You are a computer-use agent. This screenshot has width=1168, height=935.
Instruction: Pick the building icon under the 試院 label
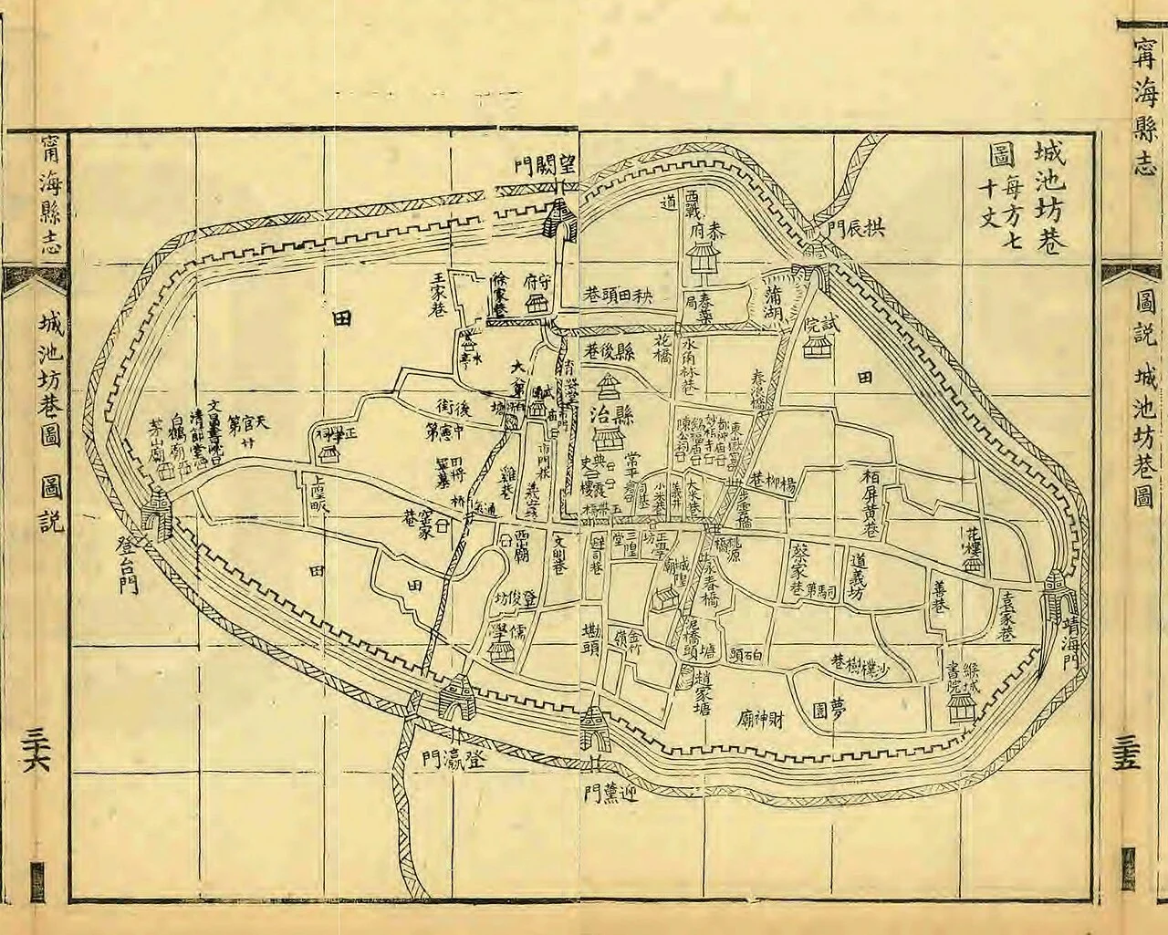pyautogui.click(x=817, y=345)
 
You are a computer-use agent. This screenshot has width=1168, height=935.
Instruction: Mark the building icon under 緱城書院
pyautogui.click(x=960, y=707)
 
